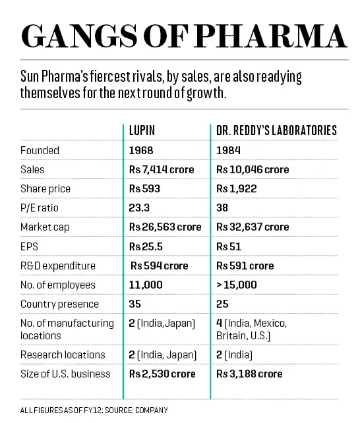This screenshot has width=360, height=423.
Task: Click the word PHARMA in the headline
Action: pos(271,36)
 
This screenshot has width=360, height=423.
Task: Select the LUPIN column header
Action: pos(142,130)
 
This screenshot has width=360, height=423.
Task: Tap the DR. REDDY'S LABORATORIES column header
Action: pos(277,130)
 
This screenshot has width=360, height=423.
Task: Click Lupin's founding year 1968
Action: pos(141,150)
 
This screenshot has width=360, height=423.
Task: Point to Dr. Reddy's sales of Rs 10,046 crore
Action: pos(253,170)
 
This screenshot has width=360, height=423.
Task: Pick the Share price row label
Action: pos(45,189)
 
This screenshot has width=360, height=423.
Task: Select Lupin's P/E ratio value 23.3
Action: pos(139,208)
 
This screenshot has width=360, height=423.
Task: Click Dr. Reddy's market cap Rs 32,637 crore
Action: pos(253,227)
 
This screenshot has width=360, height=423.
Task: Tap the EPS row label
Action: pos(29,246)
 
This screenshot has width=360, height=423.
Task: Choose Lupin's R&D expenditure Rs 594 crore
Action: pos(159,266)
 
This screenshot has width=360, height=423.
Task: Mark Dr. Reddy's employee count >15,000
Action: pos(237,285)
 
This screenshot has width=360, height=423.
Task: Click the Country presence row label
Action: pos(59,304)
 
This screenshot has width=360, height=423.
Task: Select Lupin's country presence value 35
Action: pos(135,304)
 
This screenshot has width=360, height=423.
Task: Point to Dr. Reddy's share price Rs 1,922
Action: pos(237,188)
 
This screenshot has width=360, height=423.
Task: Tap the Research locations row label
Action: pos(63,354)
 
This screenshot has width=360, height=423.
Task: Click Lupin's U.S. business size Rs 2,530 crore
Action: pos(162,374)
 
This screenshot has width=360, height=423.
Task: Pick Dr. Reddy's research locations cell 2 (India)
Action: pos(234,355)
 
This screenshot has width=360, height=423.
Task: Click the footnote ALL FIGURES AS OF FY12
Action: pos(61,410)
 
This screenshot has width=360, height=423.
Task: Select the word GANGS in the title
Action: pos(79,36)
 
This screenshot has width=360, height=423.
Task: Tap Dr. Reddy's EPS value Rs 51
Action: pos(229,246)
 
